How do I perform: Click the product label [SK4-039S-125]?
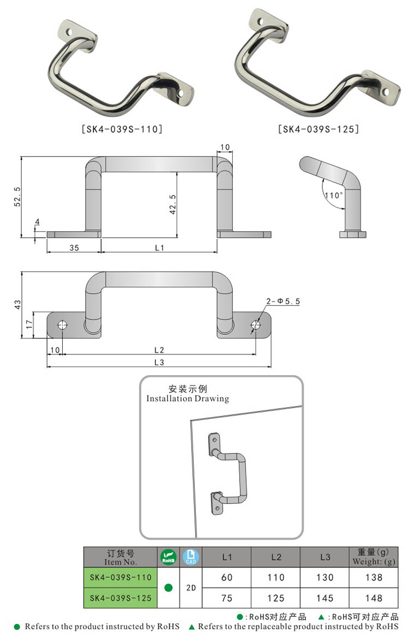click(318, 129)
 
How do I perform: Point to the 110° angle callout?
click(333, 195)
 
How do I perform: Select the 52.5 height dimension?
click(17, 196)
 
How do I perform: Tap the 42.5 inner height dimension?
click(173, 203)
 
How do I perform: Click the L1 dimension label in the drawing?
click(159, 248)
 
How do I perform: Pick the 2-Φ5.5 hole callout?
click(283, 301)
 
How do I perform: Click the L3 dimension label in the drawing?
click(159, 362)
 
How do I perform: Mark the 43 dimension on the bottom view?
click(17, 303)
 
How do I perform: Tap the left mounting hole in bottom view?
click(62, 326)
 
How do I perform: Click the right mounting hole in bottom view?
click(255, 326)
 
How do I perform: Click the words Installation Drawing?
click(188, 399)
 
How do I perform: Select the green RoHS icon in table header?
click(169, 557)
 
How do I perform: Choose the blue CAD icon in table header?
click(190, 557)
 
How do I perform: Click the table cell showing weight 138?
click(374, 577)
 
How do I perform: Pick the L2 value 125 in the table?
click(276, 598)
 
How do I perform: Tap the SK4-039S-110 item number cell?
click(121, 577)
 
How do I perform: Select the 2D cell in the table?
click(190, 588)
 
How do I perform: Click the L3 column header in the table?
click(325, 557)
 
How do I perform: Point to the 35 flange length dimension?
click(74, 248)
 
